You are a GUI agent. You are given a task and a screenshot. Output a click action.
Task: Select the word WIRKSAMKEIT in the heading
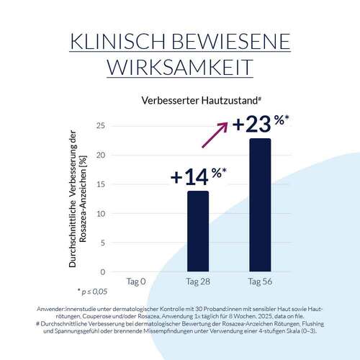180,67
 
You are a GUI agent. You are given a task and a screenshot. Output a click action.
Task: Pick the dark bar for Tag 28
198,230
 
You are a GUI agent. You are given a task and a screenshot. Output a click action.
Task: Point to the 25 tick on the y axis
100,126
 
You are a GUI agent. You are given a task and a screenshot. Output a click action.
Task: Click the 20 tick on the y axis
100,155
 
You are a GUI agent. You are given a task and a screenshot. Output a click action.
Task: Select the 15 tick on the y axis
100,184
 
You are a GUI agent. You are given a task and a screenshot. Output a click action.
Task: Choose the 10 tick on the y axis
100,214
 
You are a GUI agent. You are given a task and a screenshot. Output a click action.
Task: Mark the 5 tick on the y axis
102,243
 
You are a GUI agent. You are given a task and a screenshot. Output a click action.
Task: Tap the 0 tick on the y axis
102,272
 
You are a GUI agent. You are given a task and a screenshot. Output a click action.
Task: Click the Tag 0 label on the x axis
136,282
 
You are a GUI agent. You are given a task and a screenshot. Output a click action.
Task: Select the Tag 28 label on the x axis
198,282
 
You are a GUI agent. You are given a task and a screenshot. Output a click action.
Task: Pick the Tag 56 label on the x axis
259,282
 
